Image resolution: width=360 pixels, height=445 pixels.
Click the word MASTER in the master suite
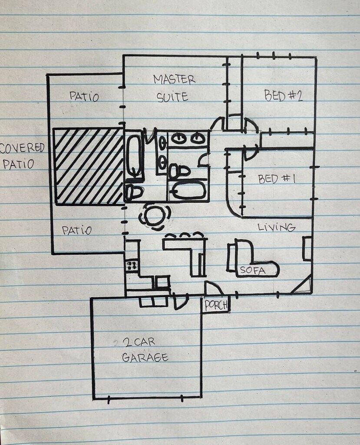click(174, 80)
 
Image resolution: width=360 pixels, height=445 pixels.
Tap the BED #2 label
click(283, 95)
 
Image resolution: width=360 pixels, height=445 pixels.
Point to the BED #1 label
click(277, 179)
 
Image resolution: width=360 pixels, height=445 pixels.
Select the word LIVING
click(277, 227)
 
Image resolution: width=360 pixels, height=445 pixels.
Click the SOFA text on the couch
click(253, 270)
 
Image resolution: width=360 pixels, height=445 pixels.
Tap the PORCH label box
click(215, 305)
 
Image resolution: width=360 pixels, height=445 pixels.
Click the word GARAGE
click(145, 357)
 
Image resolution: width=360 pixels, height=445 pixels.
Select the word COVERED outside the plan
click(22, 148)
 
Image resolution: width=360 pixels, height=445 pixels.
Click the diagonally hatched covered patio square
click(89, 166)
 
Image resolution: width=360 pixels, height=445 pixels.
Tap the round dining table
click(155, 217)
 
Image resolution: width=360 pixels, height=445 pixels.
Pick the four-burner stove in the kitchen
click(132, 266)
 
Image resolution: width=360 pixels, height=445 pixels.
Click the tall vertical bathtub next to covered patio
click(134, 156)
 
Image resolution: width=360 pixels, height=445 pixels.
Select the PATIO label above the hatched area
click(84, 96)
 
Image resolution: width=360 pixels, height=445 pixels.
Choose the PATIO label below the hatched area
click(76, 230)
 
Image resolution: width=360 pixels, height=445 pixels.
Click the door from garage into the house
click(180, 302)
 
